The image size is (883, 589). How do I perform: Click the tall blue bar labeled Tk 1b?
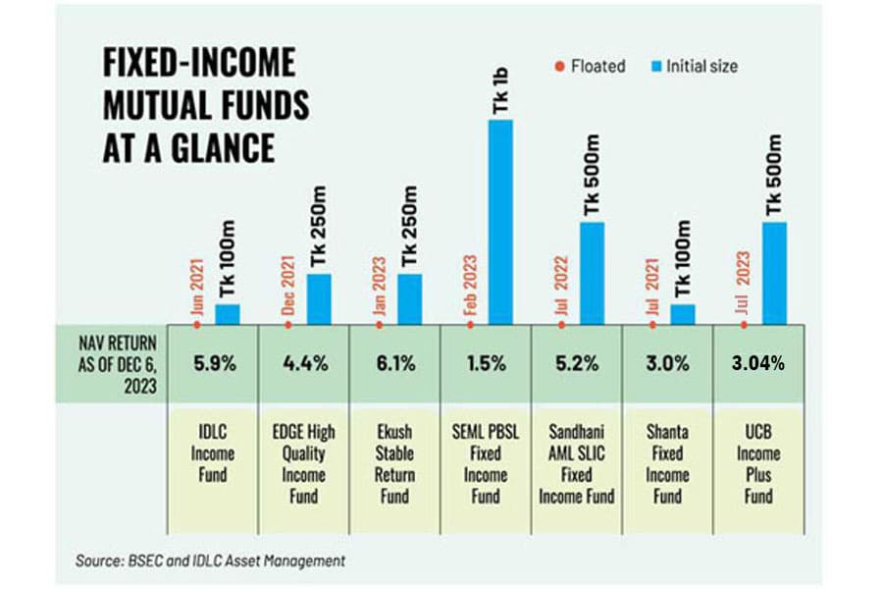tap(500, 222)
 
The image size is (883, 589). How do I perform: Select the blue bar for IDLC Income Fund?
tap(228, 314)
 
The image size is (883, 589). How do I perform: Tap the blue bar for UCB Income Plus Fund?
tap(774, 273)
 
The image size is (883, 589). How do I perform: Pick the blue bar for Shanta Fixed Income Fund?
tap(683, 314)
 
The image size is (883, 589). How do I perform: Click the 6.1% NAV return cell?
tap(396, 363)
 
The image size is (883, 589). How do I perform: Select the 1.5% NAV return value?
tap(486, 363)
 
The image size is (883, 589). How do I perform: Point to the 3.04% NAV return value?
tap(758, 363)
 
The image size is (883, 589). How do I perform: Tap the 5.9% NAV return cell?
tap(214, 363)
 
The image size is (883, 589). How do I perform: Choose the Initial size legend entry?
tap(695, 67)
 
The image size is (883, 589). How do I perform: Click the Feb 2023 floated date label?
tap(470, 286)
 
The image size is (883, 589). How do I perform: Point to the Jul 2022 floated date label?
tap(561, 286)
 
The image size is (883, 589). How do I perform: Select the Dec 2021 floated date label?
tap(287, 286)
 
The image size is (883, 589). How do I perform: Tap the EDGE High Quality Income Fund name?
tap(303, 464)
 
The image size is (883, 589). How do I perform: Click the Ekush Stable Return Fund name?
tap(394, 464)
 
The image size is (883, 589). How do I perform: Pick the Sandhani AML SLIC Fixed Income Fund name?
tap(577, 464)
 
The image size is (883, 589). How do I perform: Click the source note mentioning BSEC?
tap(210, 561)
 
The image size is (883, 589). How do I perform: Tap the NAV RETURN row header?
tap(117, 364)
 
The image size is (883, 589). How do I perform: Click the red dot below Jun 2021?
tap(196, 325)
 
